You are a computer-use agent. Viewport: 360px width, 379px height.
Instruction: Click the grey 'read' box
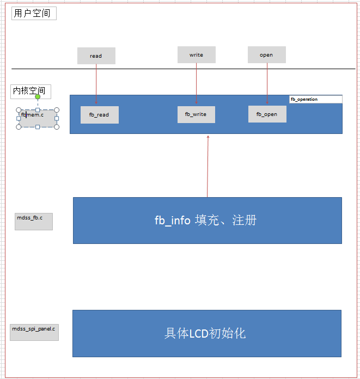[x=96, y=56]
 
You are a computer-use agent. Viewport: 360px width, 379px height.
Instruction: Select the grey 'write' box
[x=196, y=55]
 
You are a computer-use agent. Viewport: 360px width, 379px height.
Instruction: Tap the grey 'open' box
[x=266, y=55]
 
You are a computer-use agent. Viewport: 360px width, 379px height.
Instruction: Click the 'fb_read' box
[x=99, y=115]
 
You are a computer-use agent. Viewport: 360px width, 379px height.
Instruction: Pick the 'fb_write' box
[x=196, y=114]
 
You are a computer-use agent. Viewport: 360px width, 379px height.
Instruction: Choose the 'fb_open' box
[x=267, y=114]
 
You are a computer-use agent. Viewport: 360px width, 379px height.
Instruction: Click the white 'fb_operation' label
[x=315, y=99]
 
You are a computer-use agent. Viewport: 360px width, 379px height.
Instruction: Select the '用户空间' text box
[x=34, y=14]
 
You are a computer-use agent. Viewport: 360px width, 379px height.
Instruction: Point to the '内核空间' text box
[x=30, y=91]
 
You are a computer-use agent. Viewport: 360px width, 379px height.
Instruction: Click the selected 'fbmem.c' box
[x=38, y=118]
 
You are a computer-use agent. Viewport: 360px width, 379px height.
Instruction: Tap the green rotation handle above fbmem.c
[x=38, y=97]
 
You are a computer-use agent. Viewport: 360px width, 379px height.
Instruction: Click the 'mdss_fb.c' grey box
[x=34, y=221]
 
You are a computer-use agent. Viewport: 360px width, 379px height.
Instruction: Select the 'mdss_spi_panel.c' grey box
[x=34, y=332]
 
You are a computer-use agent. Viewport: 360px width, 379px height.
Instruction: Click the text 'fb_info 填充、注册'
[x=205, y=220]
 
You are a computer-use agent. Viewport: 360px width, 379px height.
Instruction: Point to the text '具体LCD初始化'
[x=205, y=333]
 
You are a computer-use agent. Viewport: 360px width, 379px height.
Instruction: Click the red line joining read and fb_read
[x=96, y=82]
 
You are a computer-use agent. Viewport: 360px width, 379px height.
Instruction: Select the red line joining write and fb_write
[x=197, y=82]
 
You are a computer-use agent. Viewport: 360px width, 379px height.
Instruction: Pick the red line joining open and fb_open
[x=267, y=82]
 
